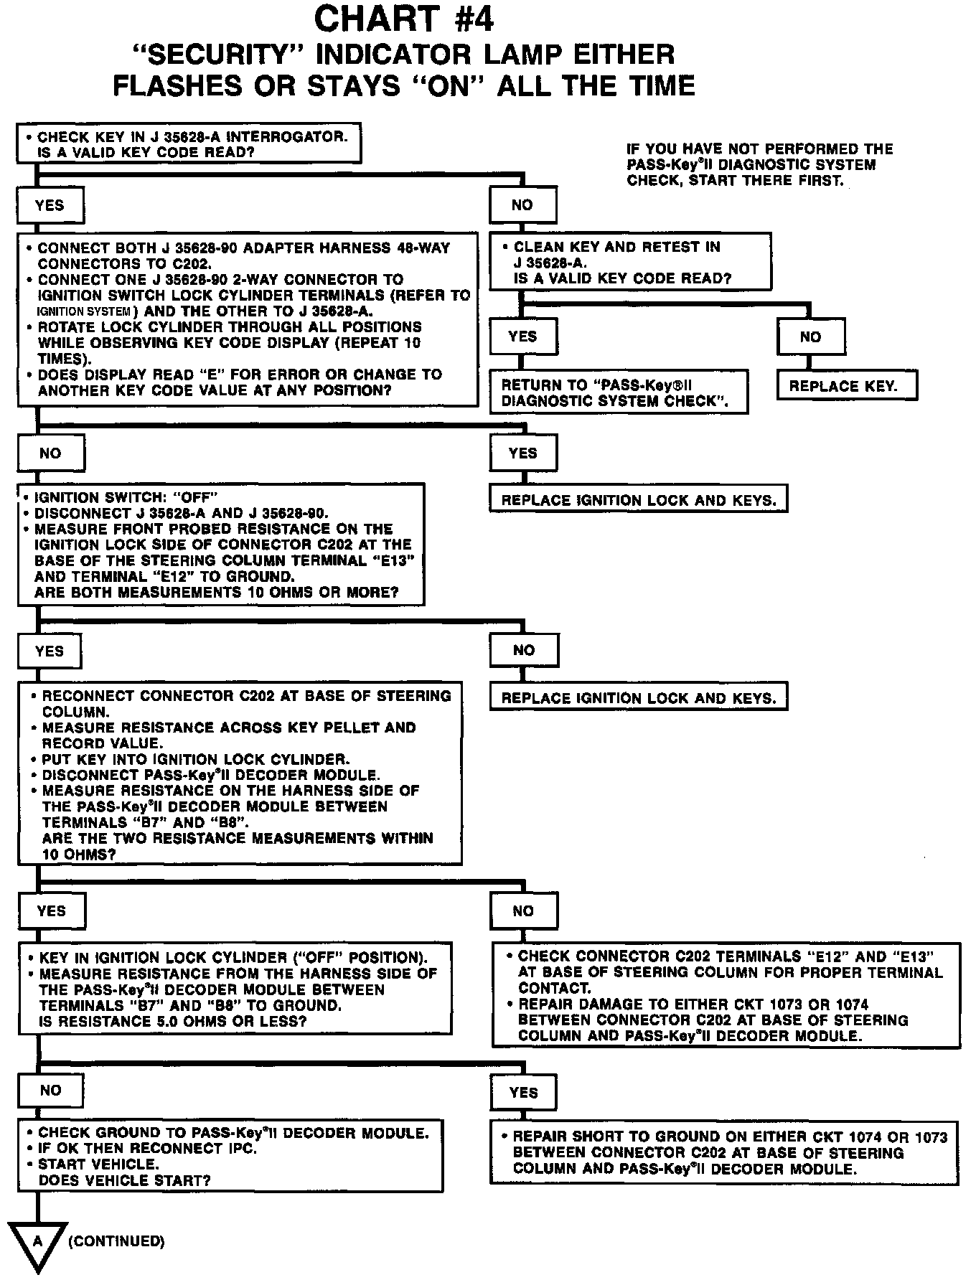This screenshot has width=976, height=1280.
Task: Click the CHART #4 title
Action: [x=404, y=19]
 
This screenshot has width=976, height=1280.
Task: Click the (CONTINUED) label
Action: [x=116, y=1241]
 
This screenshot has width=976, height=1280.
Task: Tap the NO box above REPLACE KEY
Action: [x=810, y=337]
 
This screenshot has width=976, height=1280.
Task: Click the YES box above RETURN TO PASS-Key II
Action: [x=522, y=337]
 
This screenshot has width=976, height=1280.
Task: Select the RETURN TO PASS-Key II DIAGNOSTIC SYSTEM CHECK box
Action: [x=618, y=392]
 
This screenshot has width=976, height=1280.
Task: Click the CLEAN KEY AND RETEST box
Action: [x=630, y=262]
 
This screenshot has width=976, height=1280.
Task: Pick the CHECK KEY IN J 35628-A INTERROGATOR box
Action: [x=189, y=144]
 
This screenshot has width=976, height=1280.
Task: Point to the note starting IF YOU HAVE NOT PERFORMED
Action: [x=760, y=164]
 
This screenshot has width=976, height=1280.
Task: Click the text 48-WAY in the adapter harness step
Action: [x=423, y=248]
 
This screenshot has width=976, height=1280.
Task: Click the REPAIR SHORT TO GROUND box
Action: [x=725, y=1152]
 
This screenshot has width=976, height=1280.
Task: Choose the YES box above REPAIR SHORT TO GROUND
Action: [x=523, y=1093]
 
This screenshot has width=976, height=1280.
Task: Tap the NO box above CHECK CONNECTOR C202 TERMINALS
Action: [x=523, y=911]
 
